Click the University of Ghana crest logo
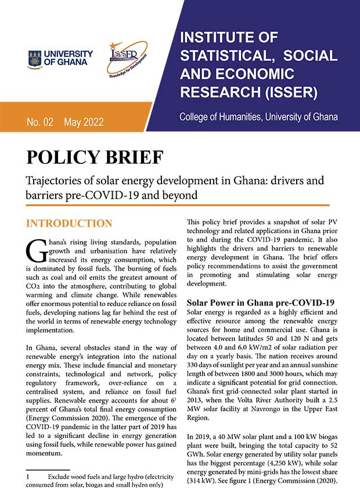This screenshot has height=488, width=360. pos(35,58)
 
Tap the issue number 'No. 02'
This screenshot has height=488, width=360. pos(40,122)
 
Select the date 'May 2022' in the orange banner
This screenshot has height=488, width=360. pos(84,122)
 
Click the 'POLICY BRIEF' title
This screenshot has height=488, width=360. pos(95,158)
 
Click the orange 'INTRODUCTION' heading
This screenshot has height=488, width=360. pos(70,224)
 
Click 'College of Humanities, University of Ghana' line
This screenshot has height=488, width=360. pos(258,117)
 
